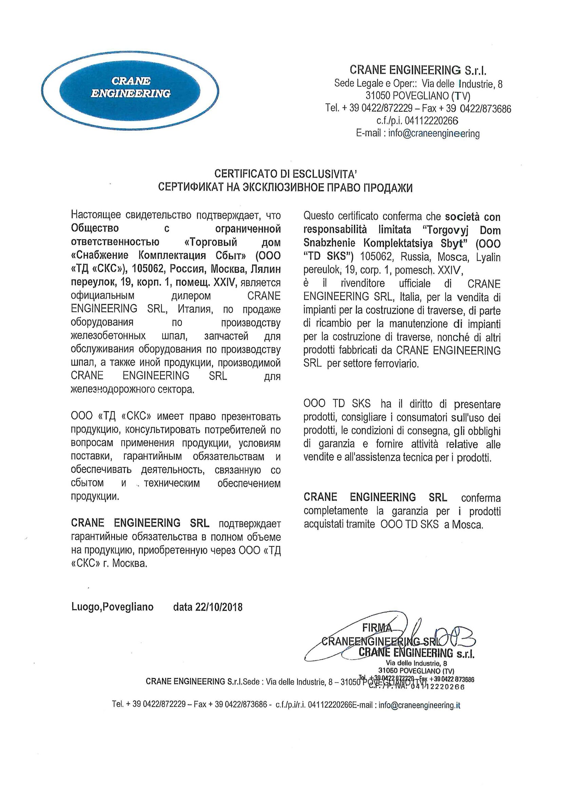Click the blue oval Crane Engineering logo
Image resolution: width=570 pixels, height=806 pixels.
(x=131, y=88)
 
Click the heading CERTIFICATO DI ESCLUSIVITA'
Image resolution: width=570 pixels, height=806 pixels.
(x=285, y=174)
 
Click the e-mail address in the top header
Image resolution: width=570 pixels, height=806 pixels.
(x=434, y=133)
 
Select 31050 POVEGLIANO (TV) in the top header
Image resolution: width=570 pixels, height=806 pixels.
(x=418, y=96)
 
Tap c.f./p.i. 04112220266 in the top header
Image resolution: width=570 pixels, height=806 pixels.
(x=417, y=121)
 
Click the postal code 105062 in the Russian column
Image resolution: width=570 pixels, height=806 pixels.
(x=149, y=269)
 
